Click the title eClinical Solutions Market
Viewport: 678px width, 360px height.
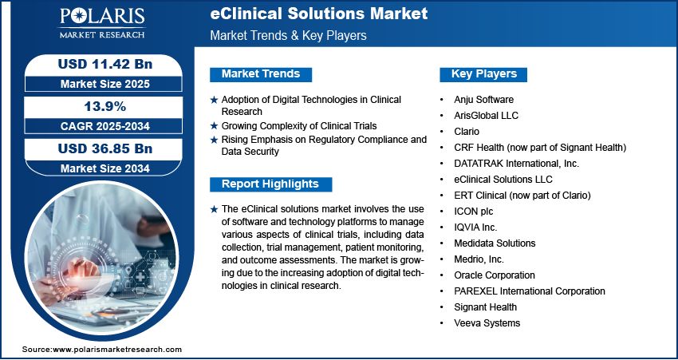318,14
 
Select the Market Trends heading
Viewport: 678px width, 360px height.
261,74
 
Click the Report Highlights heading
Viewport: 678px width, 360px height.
270,184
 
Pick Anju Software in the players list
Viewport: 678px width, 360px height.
484,100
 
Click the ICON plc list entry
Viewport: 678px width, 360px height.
477,212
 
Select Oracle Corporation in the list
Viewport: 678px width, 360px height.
494,275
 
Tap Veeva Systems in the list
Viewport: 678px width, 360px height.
486,323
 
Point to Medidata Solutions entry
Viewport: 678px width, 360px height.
494,243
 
